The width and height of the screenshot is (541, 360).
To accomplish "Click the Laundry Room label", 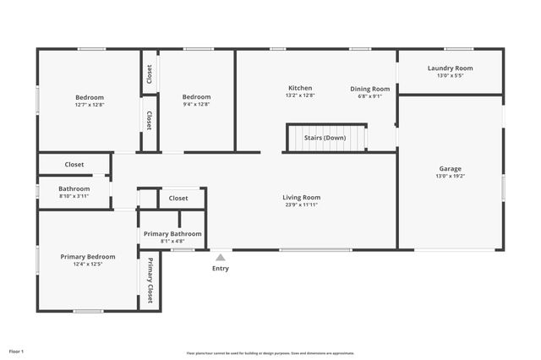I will tap(450, 68).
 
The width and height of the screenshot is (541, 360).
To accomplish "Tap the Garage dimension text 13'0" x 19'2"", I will tap(450, 176).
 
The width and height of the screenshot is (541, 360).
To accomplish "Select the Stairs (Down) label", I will tap(325, 137).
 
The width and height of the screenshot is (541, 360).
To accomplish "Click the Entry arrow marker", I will tap(220, 257).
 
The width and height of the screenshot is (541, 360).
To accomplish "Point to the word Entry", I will tap(220, 269).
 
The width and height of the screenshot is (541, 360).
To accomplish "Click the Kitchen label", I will tap(300, 88).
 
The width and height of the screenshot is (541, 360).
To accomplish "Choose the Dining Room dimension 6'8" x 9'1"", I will tap(370, 95).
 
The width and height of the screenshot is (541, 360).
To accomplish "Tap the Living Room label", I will tap(301, 198).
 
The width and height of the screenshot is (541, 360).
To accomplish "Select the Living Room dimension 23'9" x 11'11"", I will tap(301, 205).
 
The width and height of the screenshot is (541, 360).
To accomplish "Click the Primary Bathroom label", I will tap(172, 233).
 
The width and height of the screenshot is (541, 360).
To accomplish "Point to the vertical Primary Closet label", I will tap(150, 280).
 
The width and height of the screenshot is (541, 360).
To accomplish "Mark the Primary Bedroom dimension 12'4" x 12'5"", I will tap(87, 264).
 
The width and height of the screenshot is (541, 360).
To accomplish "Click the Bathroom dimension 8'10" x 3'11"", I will tap(74, 196).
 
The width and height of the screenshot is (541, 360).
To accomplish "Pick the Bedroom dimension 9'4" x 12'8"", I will tap(196, 104).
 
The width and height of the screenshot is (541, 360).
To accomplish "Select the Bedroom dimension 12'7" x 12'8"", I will tap(89, 104).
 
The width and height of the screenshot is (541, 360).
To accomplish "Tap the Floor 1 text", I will tap(17, 351).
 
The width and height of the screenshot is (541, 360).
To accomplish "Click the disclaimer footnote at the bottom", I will tap(270, 353).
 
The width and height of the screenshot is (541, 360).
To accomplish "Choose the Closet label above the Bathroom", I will tap(74, 165).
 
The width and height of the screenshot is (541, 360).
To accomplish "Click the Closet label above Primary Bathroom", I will tap(178, 199).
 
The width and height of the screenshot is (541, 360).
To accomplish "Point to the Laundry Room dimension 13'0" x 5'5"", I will tap(450, 75).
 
